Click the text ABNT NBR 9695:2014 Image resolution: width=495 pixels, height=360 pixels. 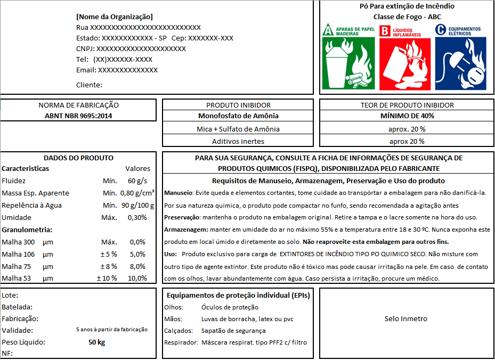click(x=78, y=116)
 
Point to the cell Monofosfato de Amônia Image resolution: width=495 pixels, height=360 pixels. click(x=238, y=116)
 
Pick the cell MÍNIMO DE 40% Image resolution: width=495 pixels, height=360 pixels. click(x=407, y=116)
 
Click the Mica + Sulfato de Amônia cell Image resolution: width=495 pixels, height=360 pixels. click(x=238, y=129)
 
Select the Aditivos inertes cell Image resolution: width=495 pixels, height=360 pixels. click(x=238, y=141)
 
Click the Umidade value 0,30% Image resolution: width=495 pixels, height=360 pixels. click(x=137, y=217)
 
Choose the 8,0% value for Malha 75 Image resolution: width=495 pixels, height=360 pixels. click(x=137, y=266)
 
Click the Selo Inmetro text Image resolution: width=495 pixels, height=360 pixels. click(x=406, y=319)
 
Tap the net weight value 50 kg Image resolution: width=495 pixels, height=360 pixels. click(x=96, y=342)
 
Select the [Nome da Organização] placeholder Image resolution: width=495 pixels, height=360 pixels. click(x=115, y=17)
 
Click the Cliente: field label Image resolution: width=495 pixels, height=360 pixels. click(x=89, y=85)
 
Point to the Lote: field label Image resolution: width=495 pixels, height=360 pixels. click(x=10, y=295)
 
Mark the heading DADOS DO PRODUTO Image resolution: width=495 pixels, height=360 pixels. click(x=78, y=158)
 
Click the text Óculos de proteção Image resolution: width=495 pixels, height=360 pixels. click(x=230, y=307)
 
